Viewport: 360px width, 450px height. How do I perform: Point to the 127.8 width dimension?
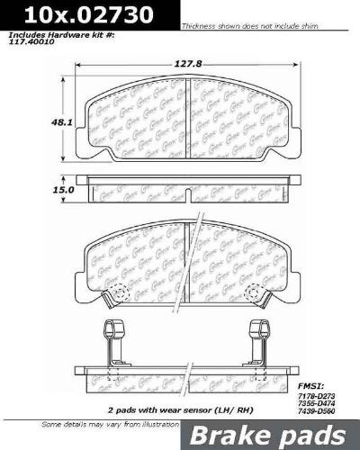(184, 63)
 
